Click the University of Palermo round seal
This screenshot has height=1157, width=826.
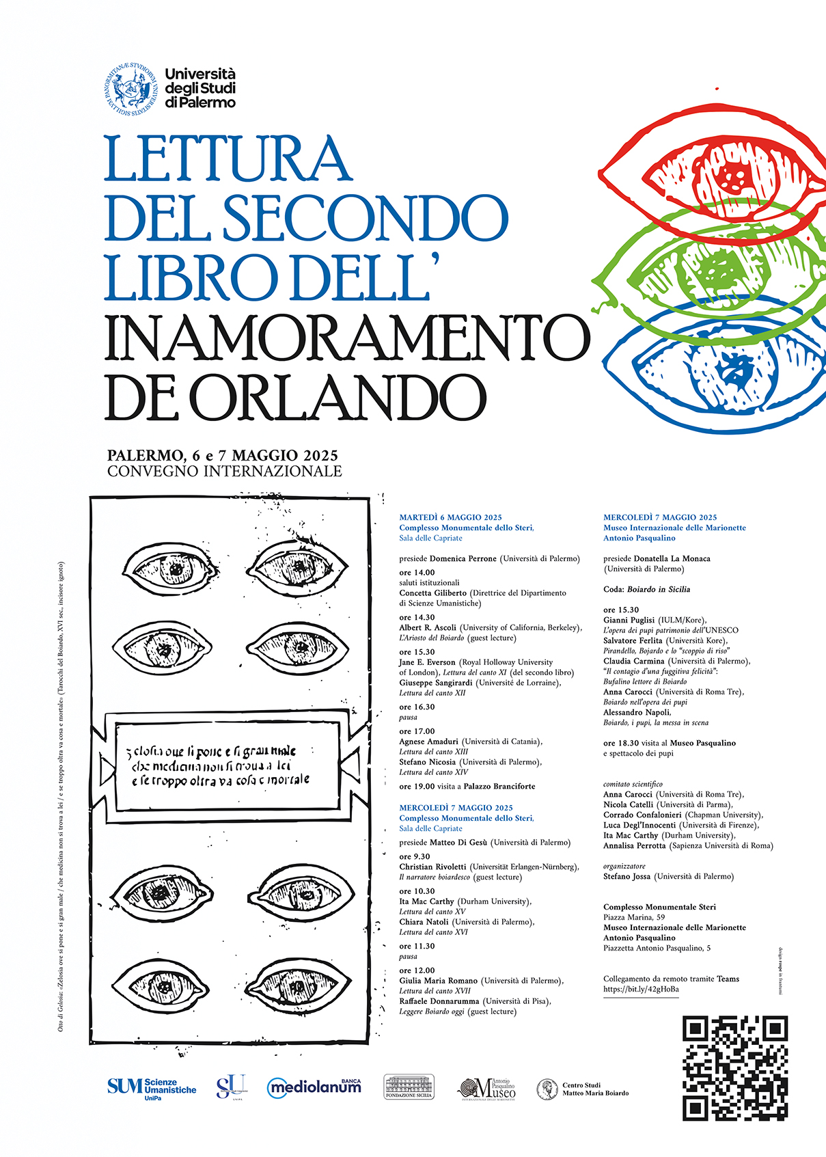click(x=133, y=89)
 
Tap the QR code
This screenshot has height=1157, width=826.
click(x=735, y=1068)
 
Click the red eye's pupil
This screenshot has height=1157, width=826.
click(x=735, y=177)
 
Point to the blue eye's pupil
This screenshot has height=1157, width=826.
click(x=732, y=369)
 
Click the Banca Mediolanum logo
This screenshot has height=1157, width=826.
click(x=314, y=1087)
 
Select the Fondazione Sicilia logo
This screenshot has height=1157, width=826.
click(x=409, y=1087)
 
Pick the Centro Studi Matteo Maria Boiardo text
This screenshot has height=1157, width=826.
click(x=594, y=1089)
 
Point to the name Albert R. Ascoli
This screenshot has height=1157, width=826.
click(x=428, y=627)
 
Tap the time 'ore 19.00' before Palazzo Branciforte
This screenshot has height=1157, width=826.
click(x=417, y=786)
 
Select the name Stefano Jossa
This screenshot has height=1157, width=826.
click(x=627, y=876)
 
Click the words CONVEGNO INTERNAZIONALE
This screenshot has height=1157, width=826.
click(x=224, y=471)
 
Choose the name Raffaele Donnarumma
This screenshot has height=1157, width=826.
click(x=439, y=1001)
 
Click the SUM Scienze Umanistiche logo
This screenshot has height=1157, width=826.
click(x=151, y=1087)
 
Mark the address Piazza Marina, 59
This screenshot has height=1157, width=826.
click(x=633, y=917)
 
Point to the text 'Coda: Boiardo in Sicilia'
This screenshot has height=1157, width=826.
click(x=646, y=589)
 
